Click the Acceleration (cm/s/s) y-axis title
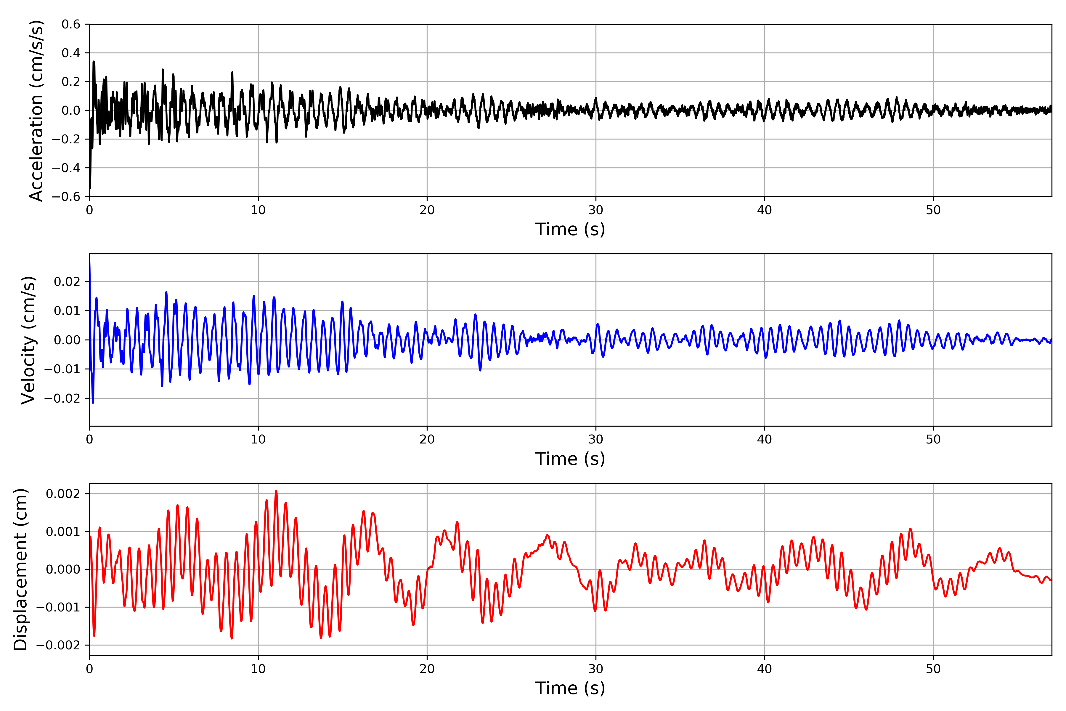[36, 111]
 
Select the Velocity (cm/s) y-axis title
[28, 340]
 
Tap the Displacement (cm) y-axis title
[21, 569]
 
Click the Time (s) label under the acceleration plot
[570, 229]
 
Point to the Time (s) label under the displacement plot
[570, 688]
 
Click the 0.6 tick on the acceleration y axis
[71, 25]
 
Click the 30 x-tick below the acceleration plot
[595, 210]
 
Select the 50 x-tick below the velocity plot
[933, 439]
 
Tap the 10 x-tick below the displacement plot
[258, 669]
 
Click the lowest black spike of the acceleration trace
[90, 188]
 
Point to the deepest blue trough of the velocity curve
[93, 403]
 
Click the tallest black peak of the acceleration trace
[94, 62]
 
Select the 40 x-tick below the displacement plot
[765, 669]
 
